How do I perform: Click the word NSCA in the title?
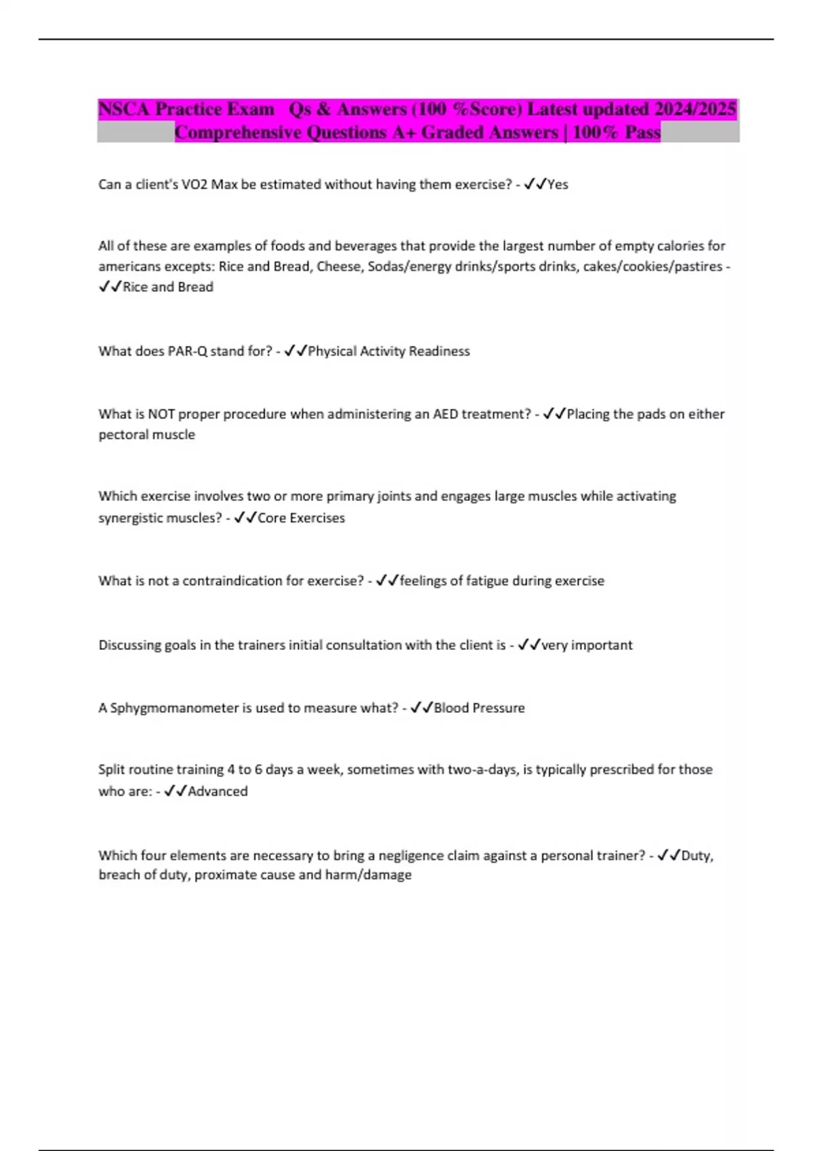124,109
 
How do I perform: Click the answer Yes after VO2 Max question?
558,184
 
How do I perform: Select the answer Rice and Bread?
168,286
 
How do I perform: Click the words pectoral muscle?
147,435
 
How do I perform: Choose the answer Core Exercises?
301,518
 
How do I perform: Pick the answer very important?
587,645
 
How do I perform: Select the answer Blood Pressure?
479,708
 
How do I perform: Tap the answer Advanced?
217,791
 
